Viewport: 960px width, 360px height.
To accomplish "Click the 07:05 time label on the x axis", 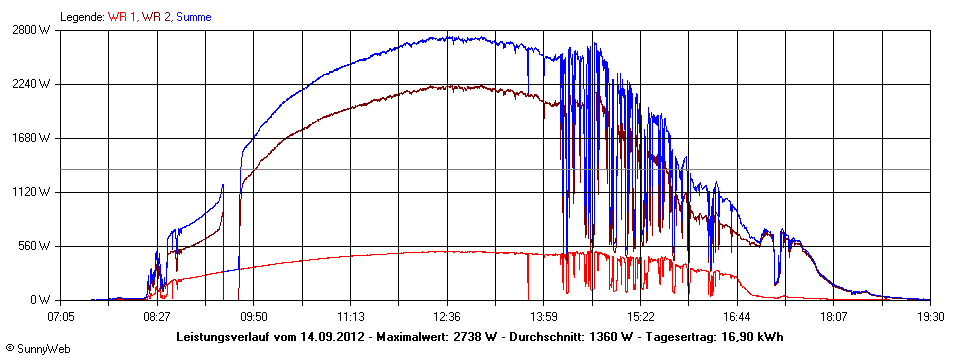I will pos(61,315).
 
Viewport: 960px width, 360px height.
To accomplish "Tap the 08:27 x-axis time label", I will pos(156,315).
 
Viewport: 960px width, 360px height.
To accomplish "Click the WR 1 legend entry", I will pos(123,17).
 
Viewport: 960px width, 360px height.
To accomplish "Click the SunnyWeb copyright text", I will pos(29,349).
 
